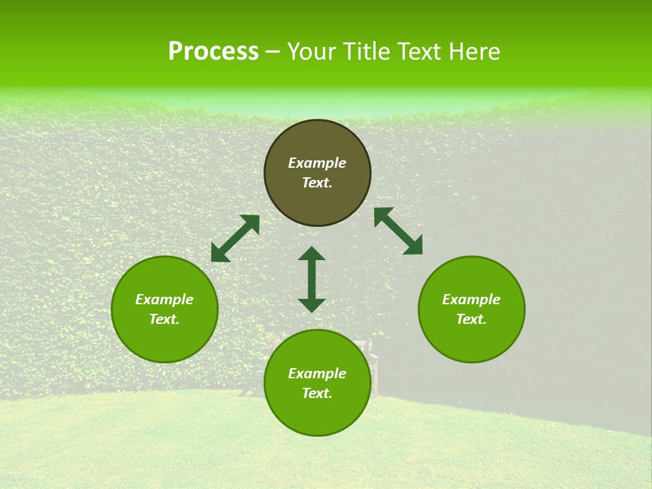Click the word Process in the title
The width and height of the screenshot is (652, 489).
[x=213, y=52]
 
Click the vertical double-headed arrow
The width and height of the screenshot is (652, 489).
[x=312, y=279]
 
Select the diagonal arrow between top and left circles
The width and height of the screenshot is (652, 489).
[x=236, y=238]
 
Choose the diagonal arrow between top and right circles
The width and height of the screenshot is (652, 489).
[x=398, y=231]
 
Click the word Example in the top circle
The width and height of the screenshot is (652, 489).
[x=317, y=163]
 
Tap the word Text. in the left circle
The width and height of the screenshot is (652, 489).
[x=164, y=319]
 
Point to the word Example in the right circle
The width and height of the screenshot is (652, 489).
[x=471, y=300]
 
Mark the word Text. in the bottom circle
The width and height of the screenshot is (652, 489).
[x=317, y=393]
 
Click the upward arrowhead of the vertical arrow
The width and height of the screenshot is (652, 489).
[x=312, y=253]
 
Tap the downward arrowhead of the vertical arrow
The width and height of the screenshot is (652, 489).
[x=312, y=304]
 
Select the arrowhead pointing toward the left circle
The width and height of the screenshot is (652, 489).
[x=219, y=253]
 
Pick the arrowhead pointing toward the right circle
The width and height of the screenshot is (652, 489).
[x=414, y=246]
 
